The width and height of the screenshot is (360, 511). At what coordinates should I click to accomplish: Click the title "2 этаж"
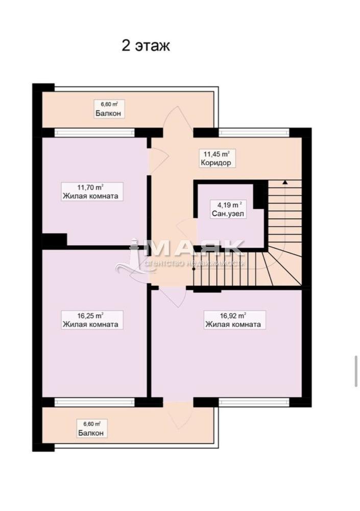click(x=146, y=45)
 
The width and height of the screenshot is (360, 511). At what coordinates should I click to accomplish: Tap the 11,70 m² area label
click(x=90, y=187)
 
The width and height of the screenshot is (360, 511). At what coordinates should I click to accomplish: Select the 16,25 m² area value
click(x=90, y=315)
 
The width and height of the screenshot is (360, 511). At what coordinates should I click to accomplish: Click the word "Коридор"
click(x=216, y=162)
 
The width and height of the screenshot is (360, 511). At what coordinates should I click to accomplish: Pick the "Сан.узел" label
click(x=228, y=214)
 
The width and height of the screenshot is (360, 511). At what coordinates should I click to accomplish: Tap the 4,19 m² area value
click(x=230, y=205)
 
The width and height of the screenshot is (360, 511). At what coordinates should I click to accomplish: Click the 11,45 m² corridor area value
click(x=217, y=153)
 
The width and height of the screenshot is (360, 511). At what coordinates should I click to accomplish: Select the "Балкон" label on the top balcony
click(x=108, y=113)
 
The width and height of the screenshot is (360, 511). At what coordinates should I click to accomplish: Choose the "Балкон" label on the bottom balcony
click(x=91, y=433)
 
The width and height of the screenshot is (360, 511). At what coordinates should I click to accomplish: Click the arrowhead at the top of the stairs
click(x=285, y=182)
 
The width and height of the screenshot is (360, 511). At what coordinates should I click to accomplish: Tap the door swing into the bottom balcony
click(x=178, y=415)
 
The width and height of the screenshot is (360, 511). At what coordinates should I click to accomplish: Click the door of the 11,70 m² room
click(x=159, y=158)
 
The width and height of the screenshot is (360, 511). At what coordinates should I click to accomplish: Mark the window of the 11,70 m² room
click(x=94, y=132)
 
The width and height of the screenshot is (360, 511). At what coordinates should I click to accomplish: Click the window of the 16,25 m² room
click(x=94, y=402)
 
